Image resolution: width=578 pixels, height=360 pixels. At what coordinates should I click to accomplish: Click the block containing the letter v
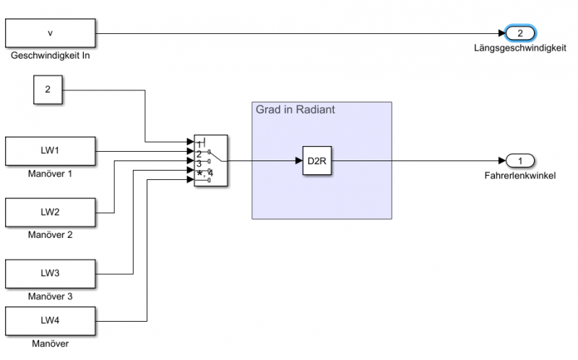51,33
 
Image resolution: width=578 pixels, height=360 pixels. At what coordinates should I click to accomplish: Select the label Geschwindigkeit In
51,55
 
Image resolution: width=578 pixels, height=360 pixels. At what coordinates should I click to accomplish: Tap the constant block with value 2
48,90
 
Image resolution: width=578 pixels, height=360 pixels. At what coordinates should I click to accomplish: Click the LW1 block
51,151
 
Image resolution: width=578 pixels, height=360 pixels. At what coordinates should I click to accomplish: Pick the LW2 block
51,213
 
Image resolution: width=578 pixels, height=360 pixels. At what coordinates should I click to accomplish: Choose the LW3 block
51,274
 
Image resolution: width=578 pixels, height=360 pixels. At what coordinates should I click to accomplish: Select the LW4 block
51,320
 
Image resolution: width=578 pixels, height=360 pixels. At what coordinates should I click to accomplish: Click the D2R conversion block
317,160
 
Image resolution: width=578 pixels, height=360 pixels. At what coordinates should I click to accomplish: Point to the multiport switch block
211,160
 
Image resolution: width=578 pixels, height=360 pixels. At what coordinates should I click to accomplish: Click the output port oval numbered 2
520,33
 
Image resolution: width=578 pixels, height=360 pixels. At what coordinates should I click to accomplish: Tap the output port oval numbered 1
520,160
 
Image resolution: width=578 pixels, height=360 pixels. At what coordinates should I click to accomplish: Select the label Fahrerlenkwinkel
519,176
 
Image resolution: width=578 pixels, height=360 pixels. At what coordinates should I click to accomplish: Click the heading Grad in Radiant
294,110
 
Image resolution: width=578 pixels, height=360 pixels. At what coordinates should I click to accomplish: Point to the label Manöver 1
51,173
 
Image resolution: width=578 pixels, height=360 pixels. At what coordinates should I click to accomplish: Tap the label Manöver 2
51,235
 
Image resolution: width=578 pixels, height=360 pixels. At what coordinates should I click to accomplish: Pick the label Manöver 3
51,296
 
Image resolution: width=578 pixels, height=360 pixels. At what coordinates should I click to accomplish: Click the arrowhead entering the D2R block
298,160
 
